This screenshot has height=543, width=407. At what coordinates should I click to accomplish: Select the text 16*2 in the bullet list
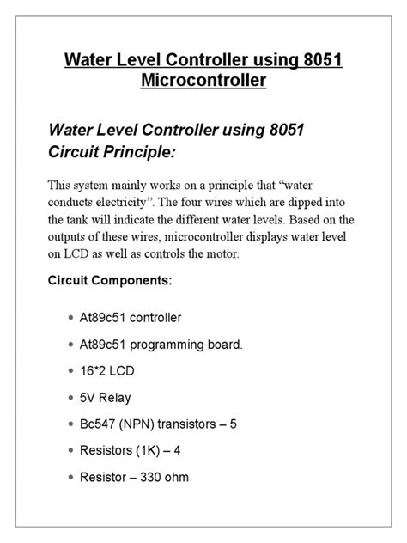point(98,371)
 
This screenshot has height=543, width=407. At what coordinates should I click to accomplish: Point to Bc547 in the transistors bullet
point(100,424)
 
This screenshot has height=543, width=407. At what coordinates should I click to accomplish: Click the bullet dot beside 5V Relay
point(70,398)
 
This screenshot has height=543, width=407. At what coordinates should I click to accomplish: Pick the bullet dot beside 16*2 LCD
point(70,371)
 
